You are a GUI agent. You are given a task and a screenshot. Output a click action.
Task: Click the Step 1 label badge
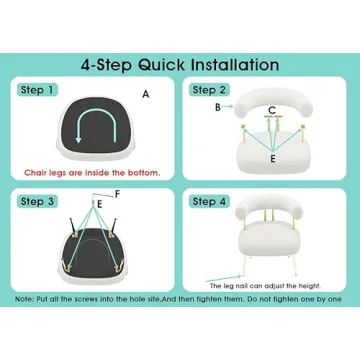pos(37,90)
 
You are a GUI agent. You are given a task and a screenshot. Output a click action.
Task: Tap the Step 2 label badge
pos(209,90)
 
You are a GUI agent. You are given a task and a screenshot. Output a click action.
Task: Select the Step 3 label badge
pos(37,201)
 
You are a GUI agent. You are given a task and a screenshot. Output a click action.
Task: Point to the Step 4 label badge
pos(209,201)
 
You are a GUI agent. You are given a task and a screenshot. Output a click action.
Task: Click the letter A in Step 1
pos(146,95)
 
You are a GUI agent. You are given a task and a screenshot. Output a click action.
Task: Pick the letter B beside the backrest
pos(218,107)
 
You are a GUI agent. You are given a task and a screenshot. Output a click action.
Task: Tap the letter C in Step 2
pos(272,110)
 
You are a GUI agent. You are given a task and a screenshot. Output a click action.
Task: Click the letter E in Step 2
pos(273,159)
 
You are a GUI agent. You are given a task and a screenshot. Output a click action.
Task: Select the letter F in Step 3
pos(117,194)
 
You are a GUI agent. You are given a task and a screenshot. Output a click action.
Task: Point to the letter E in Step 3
pos(100,205)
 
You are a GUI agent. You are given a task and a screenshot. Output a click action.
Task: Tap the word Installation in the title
pos(235,65)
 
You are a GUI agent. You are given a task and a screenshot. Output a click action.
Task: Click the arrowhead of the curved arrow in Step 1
pos(78,139)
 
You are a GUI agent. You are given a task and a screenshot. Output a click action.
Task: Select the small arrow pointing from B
pos(228,107)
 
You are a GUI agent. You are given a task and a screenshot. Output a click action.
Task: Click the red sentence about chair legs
pos(92,173)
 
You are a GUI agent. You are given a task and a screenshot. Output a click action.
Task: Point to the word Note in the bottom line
pos(23,299)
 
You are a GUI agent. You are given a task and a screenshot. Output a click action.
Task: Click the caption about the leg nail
pos(265,286)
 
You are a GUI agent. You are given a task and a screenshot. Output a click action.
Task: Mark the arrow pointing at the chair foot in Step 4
pos(224,279)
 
